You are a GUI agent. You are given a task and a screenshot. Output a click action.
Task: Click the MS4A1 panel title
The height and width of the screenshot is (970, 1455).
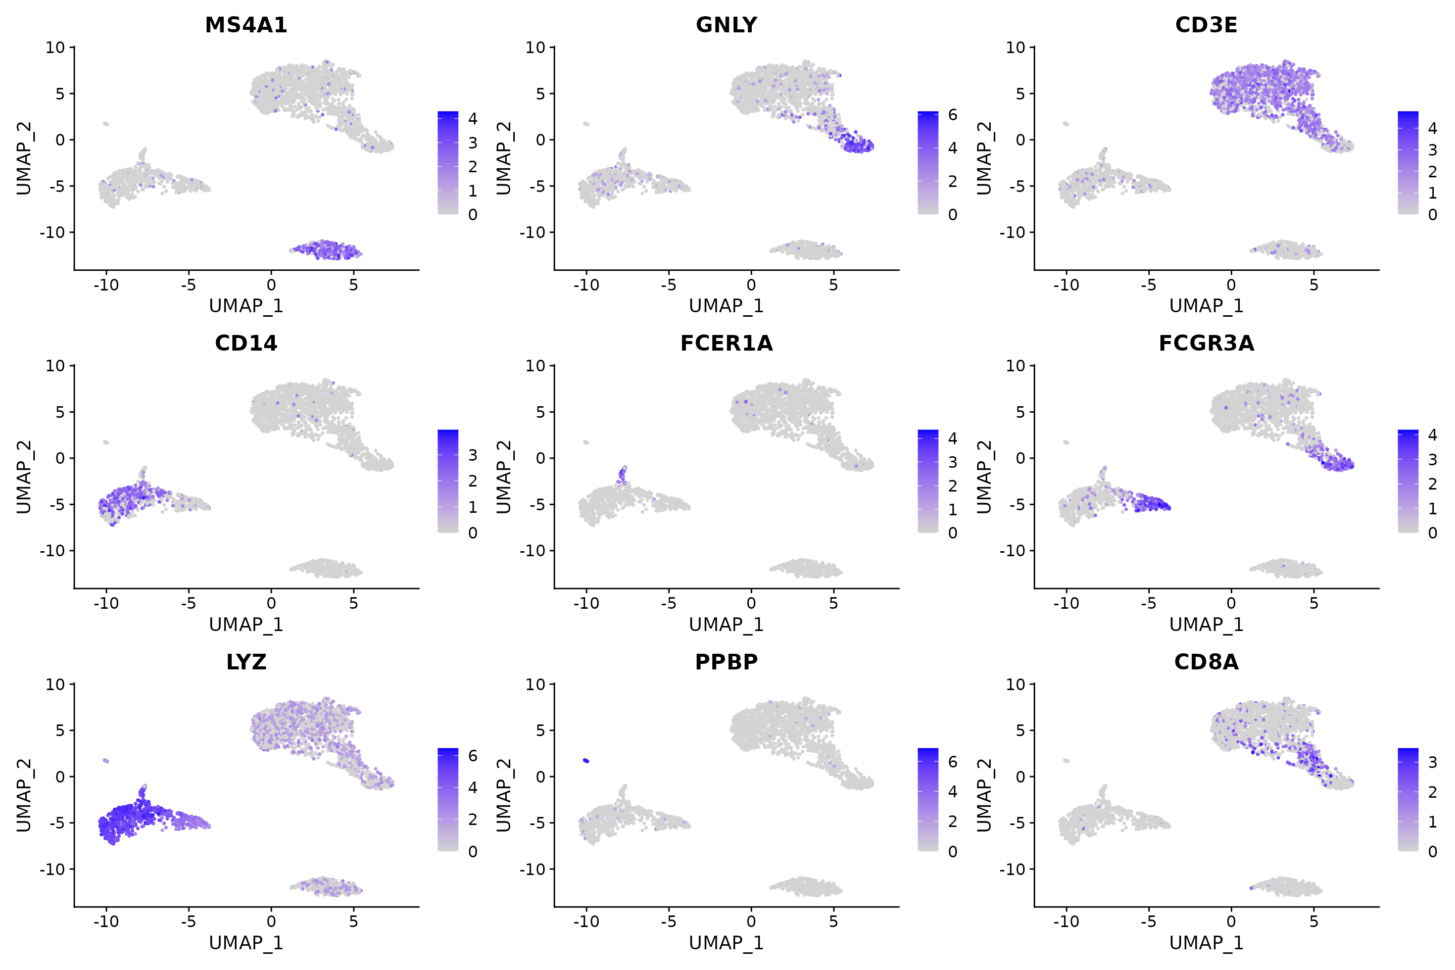tap(246, 25)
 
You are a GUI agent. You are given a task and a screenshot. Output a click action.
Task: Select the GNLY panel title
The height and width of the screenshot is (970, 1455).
tap(726, 25)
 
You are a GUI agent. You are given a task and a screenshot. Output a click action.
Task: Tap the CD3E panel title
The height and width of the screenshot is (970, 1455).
tap(1206, 25)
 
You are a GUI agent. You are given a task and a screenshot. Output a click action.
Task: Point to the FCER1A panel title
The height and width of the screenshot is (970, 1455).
tap(726, 344)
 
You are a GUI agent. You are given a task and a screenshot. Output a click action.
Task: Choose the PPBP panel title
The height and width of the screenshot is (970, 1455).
tap(726, 662)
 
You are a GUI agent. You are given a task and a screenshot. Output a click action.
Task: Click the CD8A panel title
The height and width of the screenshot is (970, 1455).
tap(1206, 662)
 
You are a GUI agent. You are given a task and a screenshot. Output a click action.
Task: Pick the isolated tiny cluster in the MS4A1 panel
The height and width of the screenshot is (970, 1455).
tap(106, 124)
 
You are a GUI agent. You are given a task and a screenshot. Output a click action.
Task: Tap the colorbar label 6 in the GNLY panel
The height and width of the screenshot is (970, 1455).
tap(953, 115)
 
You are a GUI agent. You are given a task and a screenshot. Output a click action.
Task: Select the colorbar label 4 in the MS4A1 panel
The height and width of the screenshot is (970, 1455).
tap(473, 119)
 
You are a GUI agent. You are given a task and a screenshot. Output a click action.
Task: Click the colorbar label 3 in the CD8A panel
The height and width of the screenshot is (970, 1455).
tap(1433, 762)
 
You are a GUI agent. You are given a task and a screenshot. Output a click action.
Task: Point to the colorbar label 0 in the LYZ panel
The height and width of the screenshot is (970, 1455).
tap(473, 852)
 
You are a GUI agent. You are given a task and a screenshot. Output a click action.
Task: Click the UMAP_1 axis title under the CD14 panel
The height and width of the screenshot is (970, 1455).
tap(246, 625)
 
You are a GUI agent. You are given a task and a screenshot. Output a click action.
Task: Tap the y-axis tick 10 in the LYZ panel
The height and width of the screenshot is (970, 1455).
tap(55, 684)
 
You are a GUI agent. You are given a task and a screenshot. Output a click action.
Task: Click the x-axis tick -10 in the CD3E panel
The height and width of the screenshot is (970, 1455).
tap(1066, 285)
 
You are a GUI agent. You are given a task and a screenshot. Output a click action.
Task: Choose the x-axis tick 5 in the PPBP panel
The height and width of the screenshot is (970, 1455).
tap(833, 922)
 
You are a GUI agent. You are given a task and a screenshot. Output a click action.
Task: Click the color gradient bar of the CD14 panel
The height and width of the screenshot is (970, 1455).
tap(448, 481)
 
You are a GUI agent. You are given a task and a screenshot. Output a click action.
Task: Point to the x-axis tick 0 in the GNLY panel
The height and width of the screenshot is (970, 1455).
tap(751, 285)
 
